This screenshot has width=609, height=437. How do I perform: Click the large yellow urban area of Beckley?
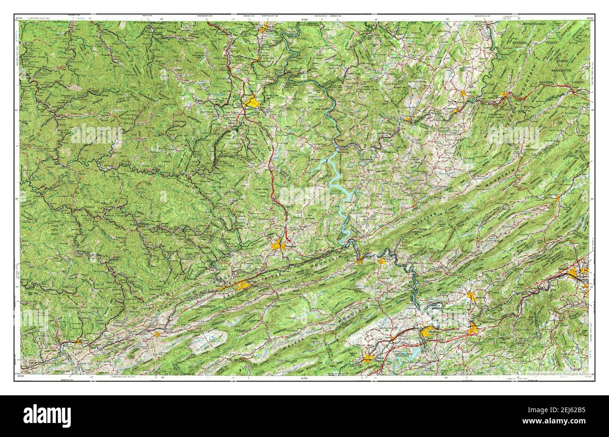click(x=253, y=102)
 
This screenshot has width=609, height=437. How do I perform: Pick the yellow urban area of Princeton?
click(x=277, y=244)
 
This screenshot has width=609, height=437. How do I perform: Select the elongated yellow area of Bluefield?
click(x=239, y=286)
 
